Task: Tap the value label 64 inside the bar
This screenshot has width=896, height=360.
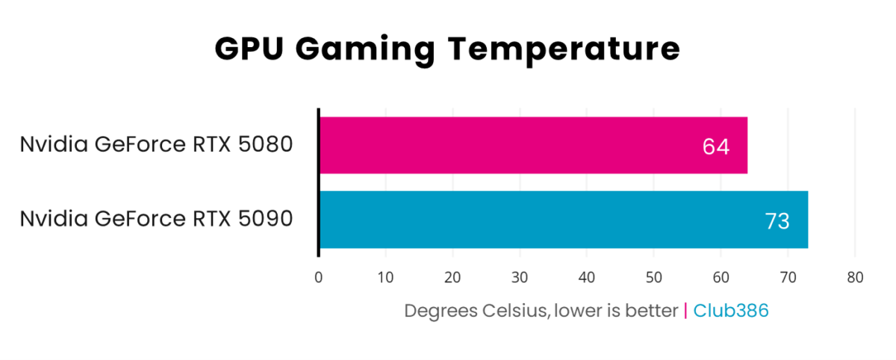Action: coord(715,146)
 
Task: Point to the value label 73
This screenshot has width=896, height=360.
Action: coord(777,221)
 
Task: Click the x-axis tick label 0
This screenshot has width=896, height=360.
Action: coord(319,278)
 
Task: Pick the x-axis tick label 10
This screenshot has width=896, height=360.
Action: coord(385,278)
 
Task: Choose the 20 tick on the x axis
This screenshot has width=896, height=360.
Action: coord(452,278)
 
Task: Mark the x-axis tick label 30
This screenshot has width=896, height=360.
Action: coord(520,278)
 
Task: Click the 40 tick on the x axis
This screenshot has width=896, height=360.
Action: coord(587,278)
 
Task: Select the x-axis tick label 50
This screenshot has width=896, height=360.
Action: coord(653,278)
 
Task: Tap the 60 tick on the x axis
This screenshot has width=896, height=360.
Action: coord(721,278)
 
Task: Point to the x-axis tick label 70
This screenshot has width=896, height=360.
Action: coord(788,278)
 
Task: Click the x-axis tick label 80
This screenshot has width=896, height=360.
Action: coord(855,278)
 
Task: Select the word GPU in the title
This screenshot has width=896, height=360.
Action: coord(250,49)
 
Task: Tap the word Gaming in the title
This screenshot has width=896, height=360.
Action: coord(365,49)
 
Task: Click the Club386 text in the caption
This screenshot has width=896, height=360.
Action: coord(731,311)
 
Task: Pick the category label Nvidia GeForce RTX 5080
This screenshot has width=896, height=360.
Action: coord(156,144)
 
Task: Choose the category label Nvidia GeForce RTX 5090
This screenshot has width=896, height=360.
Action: coord(156,219)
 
